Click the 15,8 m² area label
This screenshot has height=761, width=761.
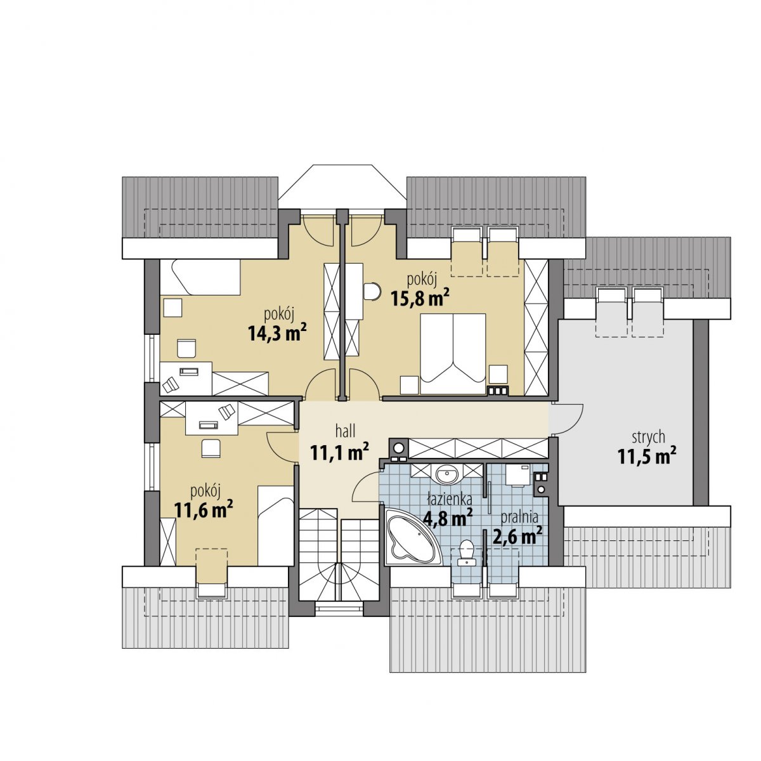(420, 299)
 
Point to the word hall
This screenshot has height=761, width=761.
(345, 432)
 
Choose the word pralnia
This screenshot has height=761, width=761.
(519, 517)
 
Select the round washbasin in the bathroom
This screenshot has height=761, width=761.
(447, 473)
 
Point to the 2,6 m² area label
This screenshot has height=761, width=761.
(517, 535)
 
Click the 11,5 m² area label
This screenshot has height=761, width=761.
(647, 457)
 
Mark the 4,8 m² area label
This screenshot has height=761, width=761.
(448, 517)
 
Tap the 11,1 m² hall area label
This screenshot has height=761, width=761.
(340, 452)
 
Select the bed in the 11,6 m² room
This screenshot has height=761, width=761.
(276, 525)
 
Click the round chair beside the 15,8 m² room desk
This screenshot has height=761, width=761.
(372, 292)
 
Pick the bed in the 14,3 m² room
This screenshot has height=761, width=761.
(200, 277)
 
